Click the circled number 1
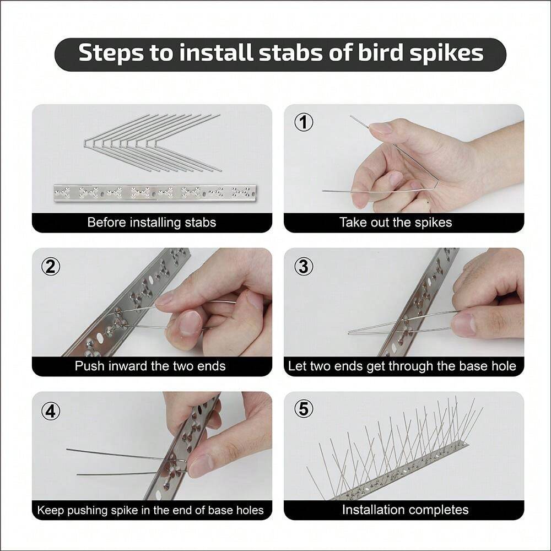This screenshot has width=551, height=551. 303,123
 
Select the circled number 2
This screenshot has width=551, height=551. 51,267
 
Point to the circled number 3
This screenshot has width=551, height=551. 303,267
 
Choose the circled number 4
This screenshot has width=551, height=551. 51,410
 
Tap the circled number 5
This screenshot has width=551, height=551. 303,409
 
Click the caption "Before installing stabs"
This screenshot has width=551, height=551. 152,223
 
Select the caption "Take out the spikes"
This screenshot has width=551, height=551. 395,223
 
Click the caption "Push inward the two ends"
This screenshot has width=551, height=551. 150,366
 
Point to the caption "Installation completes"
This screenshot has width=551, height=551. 405,510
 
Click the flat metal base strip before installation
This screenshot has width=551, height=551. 154,192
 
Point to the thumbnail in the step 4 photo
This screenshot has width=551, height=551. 199,464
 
